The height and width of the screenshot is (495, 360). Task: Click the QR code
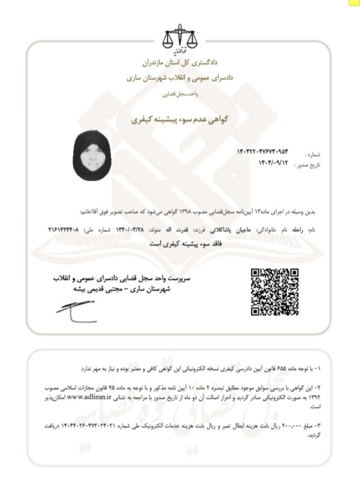point(274,291)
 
